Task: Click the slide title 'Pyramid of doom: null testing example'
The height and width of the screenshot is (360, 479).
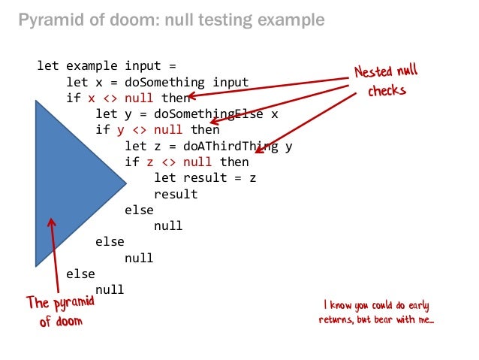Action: [171, 20]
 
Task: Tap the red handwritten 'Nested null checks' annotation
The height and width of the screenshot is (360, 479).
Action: [387, 82]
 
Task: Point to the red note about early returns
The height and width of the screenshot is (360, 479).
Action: [378, 313]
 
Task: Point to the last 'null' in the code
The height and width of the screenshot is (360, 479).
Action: [110, 289]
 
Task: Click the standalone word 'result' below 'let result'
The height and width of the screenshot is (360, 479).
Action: [175, 194]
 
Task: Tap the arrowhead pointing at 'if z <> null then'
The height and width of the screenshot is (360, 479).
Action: [257, 152]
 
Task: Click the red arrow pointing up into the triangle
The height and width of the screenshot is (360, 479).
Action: [54, 256]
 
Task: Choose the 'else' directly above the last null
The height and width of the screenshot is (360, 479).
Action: [80, 274]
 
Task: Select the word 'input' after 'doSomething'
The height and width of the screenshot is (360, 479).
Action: [230, 82]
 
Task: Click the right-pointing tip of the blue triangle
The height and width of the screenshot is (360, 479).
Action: [125, 183]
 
